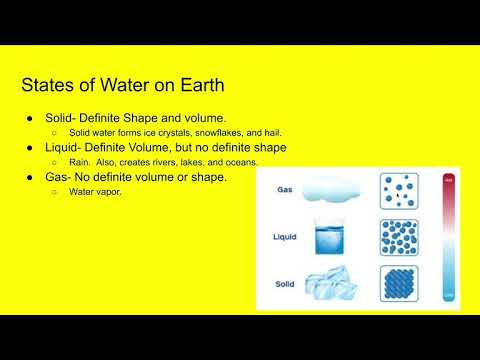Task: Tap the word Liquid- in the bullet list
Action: (67, 147)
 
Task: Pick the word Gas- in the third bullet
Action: (61, 177)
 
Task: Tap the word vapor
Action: (108, 192)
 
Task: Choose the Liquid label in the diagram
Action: (286, 238)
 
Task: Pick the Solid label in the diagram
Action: (285, 284)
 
